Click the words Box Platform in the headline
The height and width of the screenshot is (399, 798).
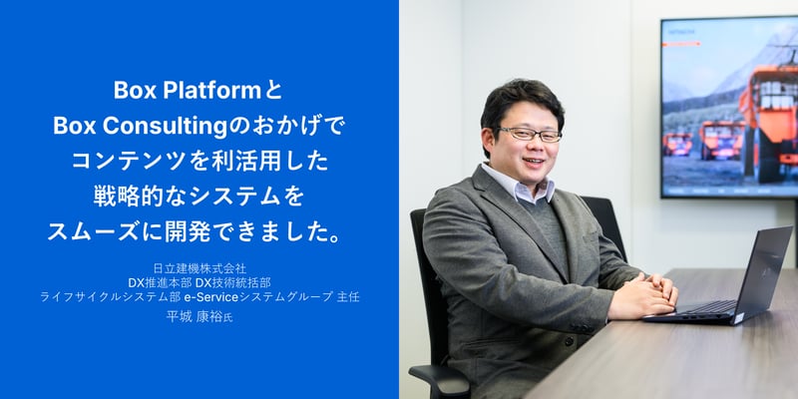(x=186, y=91)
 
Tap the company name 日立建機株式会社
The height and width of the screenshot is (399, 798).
(x=199, y=268)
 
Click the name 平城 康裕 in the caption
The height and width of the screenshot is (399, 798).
(x=194, y=313)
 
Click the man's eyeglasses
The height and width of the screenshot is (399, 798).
(x=529, y=134)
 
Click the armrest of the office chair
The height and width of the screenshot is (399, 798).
(x=439, y=376)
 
